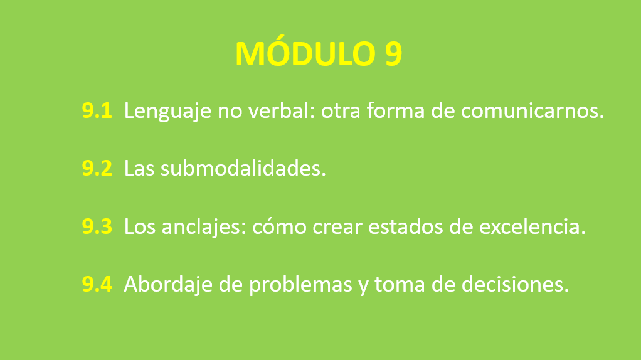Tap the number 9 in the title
coord(393,53)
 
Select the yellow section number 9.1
coord(97,110)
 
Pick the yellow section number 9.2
coord(97,168)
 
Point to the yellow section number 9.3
coord(97,226)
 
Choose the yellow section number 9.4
coord(97,284)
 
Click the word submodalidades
coord(243,168)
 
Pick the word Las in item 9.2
coord(139,168)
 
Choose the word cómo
coord(280,226)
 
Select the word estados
coord(406,227)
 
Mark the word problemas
coord(300,285)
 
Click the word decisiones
coord(515,284)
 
